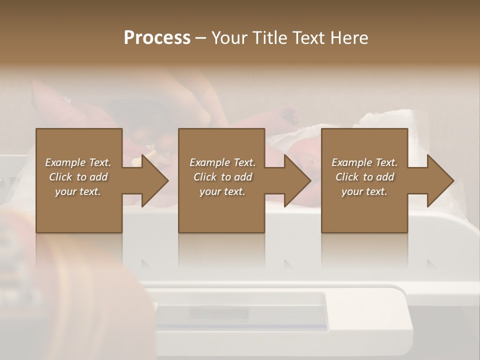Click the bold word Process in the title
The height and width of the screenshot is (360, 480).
[x=157, y=38]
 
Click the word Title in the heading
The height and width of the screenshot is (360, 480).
[x=270, y=38]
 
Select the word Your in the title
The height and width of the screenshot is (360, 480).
[x=230, y=38]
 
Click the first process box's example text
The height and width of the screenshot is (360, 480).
[x=78, y=177]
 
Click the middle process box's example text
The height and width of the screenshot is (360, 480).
[x=222, y=177]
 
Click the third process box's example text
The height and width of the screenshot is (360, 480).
[x=364, y=177]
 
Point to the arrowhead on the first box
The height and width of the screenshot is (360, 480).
[x=155, y=180]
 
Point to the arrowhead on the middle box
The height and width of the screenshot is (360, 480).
[x=297, y=180]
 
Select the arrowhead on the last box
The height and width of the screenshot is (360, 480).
[x=440, y=180]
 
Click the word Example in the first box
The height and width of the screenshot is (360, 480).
[x=65, y=162]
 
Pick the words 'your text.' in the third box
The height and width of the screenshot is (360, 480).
[x=364, y=191]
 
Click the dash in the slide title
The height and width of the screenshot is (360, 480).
[x=201, y=38]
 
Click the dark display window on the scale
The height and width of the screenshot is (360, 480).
[x=218, y=314]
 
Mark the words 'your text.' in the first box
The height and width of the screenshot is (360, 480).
[x=78, y=191]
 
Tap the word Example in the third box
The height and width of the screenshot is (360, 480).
[x=351, y=162]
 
